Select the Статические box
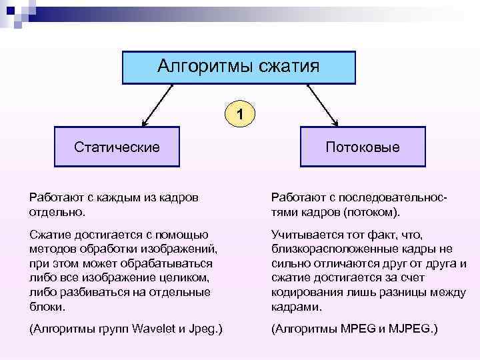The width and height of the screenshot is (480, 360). tap(117, 147)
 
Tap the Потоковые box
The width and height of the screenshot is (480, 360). tap(363, 147)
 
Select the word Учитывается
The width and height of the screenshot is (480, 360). tap(306, 235)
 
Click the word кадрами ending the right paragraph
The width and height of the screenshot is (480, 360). tap(296, 308)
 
